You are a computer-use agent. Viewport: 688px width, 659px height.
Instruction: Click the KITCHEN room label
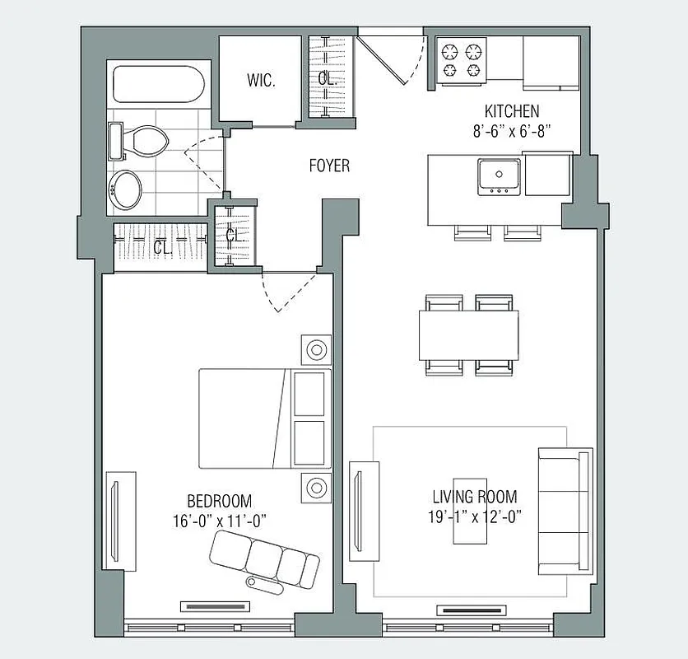coord(511,111)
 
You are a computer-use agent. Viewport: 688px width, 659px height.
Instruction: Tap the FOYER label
coord(329,166)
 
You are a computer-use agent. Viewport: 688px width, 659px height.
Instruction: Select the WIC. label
coord(261,81)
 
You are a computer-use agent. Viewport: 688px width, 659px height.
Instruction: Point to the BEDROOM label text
coord(219,501)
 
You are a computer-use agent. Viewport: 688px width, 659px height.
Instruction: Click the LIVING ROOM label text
coord(475,497)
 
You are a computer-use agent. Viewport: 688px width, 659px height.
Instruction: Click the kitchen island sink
coord(499,175)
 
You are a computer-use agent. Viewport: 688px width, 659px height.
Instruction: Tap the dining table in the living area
coord(469,335)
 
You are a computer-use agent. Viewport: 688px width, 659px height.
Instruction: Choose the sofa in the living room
coord(565,511)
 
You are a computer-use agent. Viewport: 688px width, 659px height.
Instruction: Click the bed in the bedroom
coord(263,418)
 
